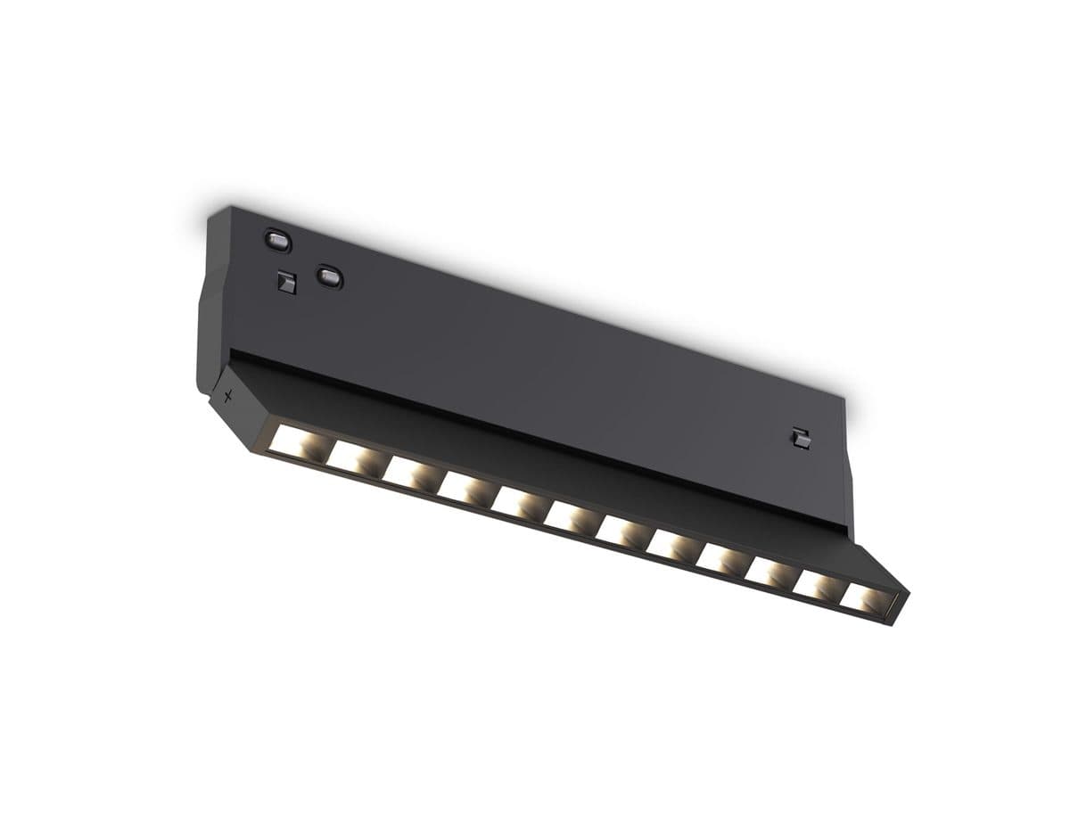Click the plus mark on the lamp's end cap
[x=228, y=396]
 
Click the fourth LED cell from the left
[x=464, y=487]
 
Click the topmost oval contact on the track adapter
[x=277, y=239]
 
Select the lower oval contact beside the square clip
[x=330, y=277]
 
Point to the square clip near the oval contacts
[x=284, y=281]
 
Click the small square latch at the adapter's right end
[x=800, y=438]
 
